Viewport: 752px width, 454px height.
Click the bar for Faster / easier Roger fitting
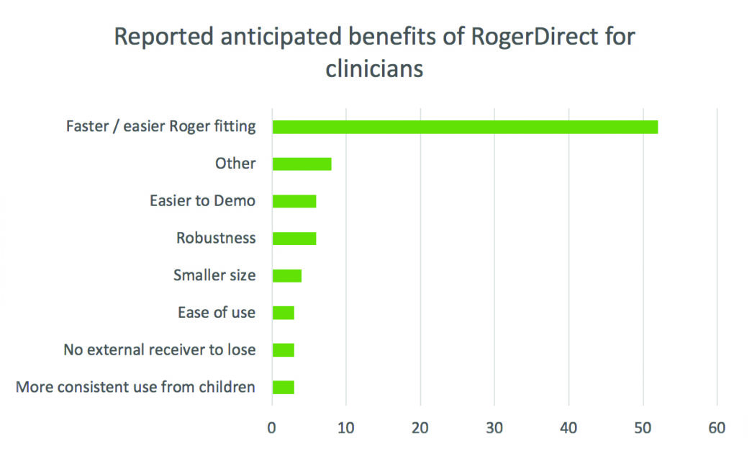(464, 127)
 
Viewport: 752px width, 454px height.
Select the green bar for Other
(302, 164)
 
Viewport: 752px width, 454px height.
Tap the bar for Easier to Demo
(294, 201)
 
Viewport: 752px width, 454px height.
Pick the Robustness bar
(294, 239)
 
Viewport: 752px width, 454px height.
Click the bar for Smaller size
(286, 275)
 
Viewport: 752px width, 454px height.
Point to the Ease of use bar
(283, 313)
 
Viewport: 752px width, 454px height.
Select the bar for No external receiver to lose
(283, 350)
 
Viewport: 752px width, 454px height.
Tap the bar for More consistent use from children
(283, 388)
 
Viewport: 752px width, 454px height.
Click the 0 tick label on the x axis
(272, 427)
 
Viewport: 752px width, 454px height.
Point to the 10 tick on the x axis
(346, 427)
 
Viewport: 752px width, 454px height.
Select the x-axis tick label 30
(494, 427)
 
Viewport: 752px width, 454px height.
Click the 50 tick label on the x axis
(643, 427)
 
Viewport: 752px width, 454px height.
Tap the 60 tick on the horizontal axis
(717, 427)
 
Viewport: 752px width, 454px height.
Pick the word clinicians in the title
(374, 70)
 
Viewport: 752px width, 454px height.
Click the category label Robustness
(216, 238)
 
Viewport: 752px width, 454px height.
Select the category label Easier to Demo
(202, 201)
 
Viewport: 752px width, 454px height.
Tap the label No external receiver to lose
(159, 350)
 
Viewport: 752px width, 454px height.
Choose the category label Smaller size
(214, 275)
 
